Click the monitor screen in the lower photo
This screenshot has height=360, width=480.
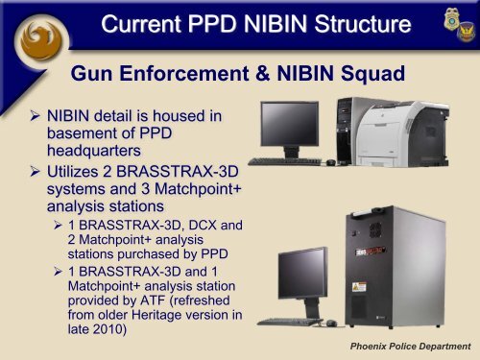coord(300,273)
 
